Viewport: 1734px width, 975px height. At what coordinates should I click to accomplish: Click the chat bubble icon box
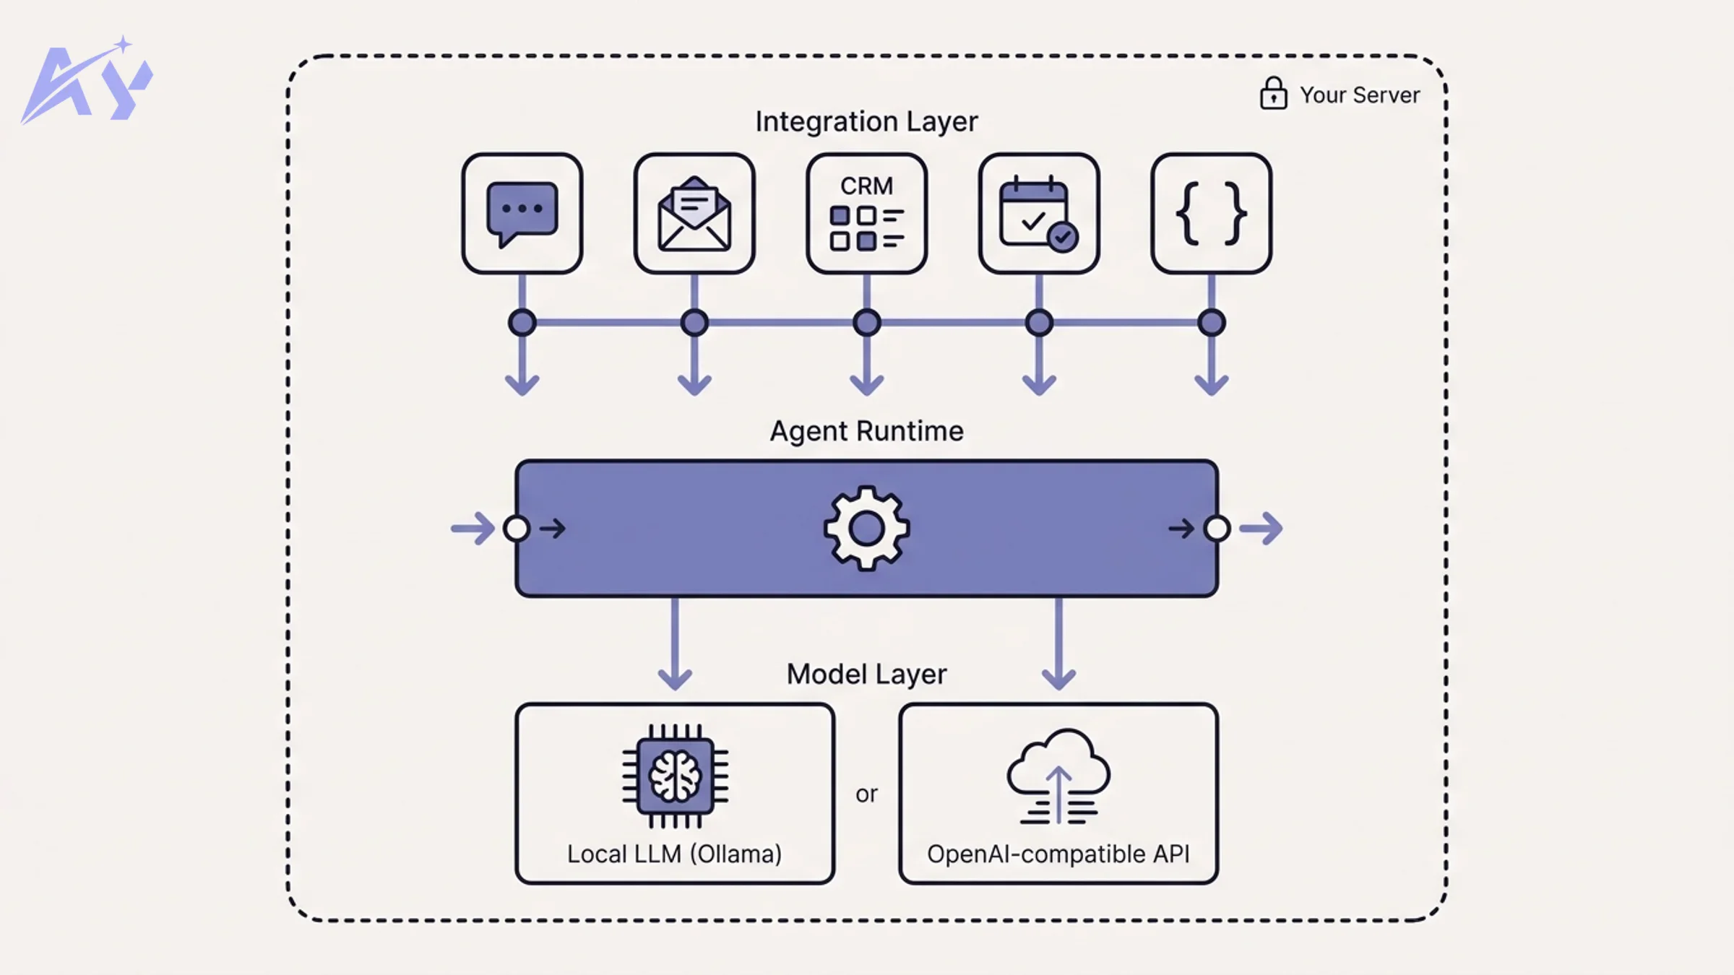pos(522,213)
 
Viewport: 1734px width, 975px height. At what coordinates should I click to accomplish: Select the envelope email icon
pos(694,214)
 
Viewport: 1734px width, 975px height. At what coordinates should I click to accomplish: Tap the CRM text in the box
pos(866,186)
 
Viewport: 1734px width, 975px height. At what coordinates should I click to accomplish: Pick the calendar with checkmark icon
pos(1038,214)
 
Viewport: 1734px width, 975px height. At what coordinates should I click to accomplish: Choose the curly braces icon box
pos(1211,213)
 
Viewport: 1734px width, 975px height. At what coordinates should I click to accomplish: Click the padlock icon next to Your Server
pos(1273,94)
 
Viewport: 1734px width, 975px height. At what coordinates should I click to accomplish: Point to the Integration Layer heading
pos(866,121)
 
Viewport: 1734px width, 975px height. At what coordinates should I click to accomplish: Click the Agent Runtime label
pos(866,431)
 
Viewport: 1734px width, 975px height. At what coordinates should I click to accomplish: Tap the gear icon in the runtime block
pos(866,529)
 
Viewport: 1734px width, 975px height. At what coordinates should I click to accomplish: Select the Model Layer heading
pos(866,674)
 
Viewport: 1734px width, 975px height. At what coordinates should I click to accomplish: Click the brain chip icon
pos(675,776)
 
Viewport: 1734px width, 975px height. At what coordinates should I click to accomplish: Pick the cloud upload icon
pos(1058,777)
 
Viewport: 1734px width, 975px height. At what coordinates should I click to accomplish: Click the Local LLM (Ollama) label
pos(674,854)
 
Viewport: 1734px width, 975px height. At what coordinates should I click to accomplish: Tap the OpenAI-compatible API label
pos(1058,854)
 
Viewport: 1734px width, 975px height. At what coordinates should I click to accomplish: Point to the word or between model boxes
pos(866,794)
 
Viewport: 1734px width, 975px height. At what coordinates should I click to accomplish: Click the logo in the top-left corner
pos(87,81)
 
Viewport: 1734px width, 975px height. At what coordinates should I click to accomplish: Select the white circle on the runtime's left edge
pos(517,529)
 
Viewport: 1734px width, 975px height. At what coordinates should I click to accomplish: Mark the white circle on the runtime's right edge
pos(1217,529)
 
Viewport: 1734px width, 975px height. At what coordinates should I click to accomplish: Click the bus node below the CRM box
pos(866,323)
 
